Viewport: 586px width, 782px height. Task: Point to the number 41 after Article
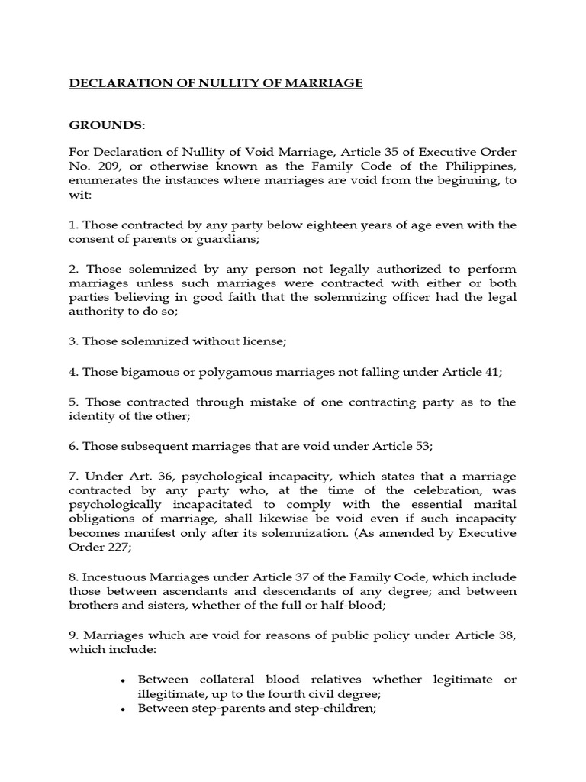pyautogui.click(x=494, y=373)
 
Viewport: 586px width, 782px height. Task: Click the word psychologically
pyautogui.click(x=111, y=504)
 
